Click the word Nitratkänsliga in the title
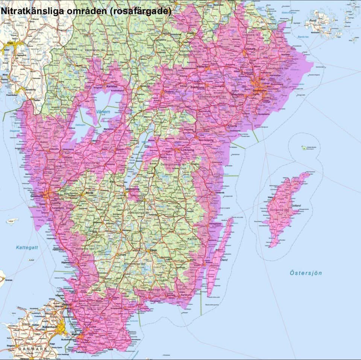point(27,11)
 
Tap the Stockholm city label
point(260,91)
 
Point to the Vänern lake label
point(103,112)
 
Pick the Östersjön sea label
point(306,273)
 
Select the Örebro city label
point(169,91)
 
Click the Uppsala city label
point(250,49)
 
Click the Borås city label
point(89,192)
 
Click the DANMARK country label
point(33,349)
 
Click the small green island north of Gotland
point(304,148)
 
